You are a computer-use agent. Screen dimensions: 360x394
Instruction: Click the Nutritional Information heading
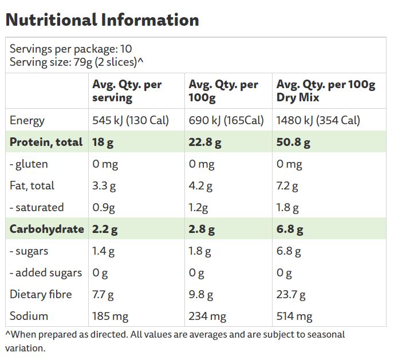(x=102, y=20)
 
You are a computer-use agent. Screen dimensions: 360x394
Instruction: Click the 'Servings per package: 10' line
(x=70, y=49)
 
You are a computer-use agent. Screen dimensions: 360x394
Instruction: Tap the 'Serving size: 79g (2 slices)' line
(x=76, y=62)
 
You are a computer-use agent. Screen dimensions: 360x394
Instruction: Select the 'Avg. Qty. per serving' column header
(x=127, y=91)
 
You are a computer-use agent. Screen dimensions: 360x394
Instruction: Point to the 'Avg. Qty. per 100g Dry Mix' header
(x=326, y=91)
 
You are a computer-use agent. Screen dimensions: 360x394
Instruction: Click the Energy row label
(x=27, y=120)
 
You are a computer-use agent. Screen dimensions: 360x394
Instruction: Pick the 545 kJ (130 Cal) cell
(x=131, y=120)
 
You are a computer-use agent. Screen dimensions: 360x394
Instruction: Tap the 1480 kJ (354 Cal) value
(x=318, y=120)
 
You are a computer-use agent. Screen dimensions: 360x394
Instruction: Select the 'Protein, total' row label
(x=46, y=142)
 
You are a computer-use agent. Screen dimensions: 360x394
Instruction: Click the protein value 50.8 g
(x=293, y=142)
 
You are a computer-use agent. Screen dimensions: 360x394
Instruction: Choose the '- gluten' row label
(x=29, y=164)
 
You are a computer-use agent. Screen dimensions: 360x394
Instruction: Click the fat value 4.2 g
(x=200, y=185)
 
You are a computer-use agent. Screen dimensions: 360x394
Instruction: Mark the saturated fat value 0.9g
(x=104, y=207)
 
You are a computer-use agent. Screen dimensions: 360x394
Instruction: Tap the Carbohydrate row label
(x=47, y=229)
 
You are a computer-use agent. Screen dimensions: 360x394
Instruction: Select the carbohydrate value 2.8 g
(x=202, y=229)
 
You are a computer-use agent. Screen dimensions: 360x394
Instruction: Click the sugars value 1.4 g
(x=104, y=251)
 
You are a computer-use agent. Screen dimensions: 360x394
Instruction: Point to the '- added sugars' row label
(x=46, y=272)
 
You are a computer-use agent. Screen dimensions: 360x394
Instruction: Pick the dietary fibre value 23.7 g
(x=291, y=294)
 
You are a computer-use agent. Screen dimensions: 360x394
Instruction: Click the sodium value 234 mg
(x=207, y=316)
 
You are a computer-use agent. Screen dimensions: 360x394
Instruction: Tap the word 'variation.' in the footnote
(x=25, y=347)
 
